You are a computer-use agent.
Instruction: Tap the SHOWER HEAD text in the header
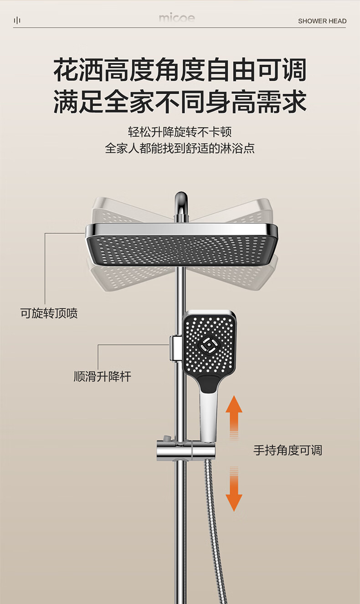(322, 21)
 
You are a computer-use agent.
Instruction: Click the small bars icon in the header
(17, 20)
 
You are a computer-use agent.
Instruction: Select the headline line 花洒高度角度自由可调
(180, 71)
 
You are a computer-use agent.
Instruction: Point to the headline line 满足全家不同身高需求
(180, 102)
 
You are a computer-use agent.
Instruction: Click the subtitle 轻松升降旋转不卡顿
(180, 133)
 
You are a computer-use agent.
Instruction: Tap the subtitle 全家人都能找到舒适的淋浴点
(180, 148)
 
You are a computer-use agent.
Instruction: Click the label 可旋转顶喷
(49, 313)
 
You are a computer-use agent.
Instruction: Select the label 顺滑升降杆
(103, 377)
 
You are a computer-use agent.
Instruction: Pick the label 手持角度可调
(288, 450)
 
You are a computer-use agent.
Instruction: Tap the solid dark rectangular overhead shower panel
(181, 248)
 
